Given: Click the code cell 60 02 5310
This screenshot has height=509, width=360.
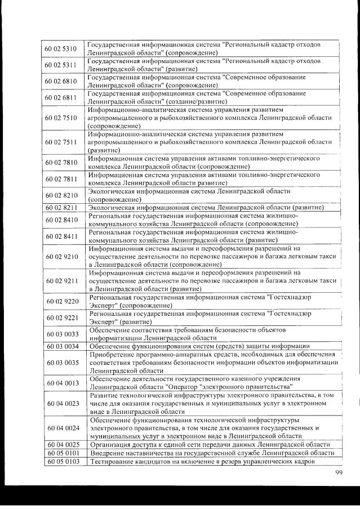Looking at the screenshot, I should click(x=61, y=48).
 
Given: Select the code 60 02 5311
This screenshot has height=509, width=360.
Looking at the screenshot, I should click(x=61, y=65).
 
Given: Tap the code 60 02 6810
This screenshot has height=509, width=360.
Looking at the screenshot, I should click(x=61, y=81).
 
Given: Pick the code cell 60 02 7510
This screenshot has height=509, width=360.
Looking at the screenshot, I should click(x=61, y=118).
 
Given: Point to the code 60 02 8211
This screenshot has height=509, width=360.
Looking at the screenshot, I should click(x=61, y=208).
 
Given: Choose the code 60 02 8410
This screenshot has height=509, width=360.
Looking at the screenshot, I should click(x=61, y=220).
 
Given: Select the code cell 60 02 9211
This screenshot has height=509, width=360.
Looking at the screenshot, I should click(x=61, y=280).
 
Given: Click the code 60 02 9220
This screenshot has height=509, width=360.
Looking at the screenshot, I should click(x=61, y=301).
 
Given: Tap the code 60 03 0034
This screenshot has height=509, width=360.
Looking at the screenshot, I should click(x=61, y=346).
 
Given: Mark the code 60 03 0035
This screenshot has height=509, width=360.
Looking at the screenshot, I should click(x=61, y=362).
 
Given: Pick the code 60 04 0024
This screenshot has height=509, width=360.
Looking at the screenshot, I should click(x=61, y=427).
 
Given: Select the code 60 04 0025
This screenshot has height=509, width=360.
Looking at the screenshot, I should click(x=61, y=444).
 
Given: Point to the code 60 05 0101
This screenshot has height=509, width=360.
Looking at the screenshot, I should click(x=61, y=453).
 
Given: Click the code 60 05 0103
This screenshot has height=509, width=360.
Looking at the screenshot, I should click(x=61, y=461).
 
